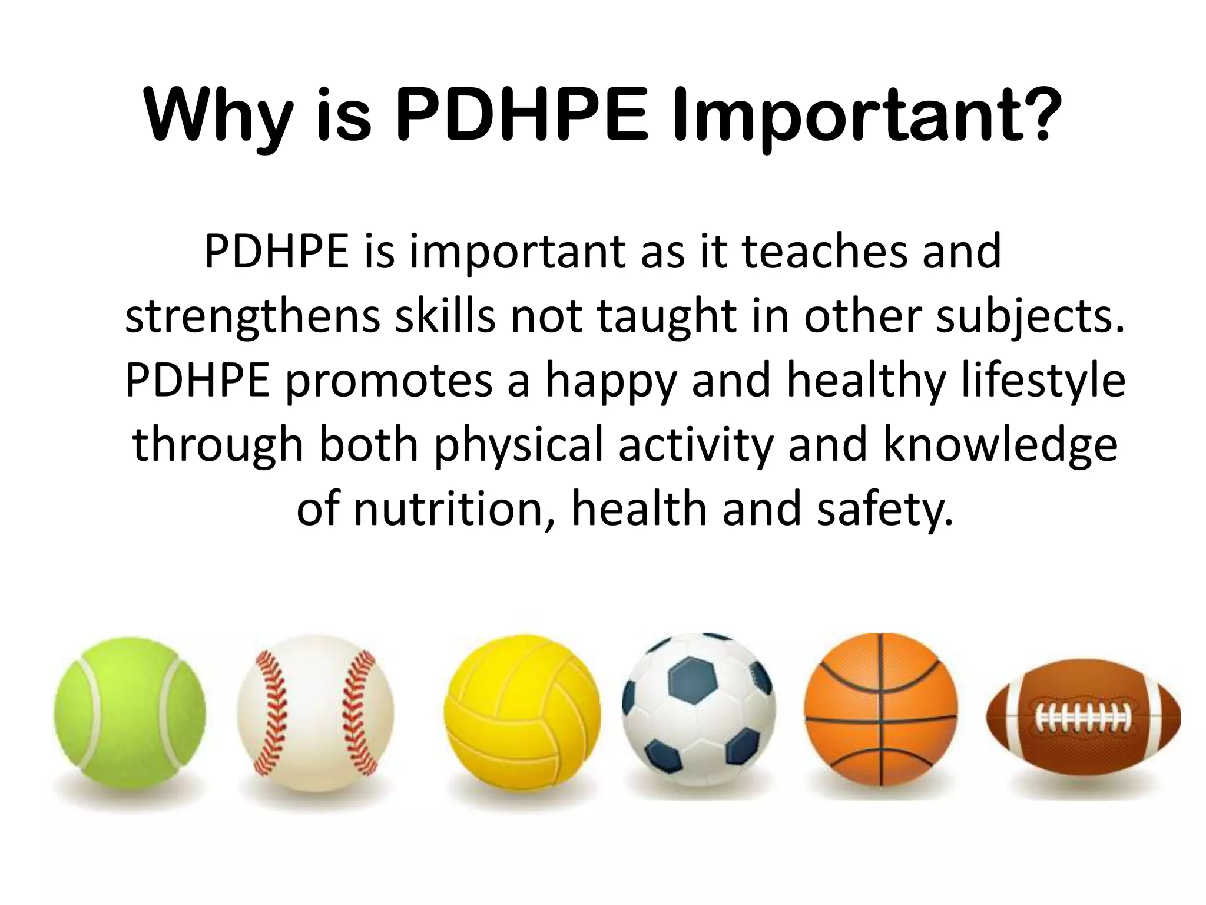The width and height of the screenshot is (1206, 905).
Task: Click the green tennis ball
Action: tap(130, 712)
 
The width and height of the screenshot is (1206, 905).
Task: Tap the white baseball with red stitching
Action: tap(316, 713)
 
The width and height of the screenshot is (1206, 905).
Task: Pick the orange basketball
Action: tap(881, 709)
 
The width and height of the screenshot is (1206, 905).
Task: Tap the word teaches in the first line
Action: tap(824, 252)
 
